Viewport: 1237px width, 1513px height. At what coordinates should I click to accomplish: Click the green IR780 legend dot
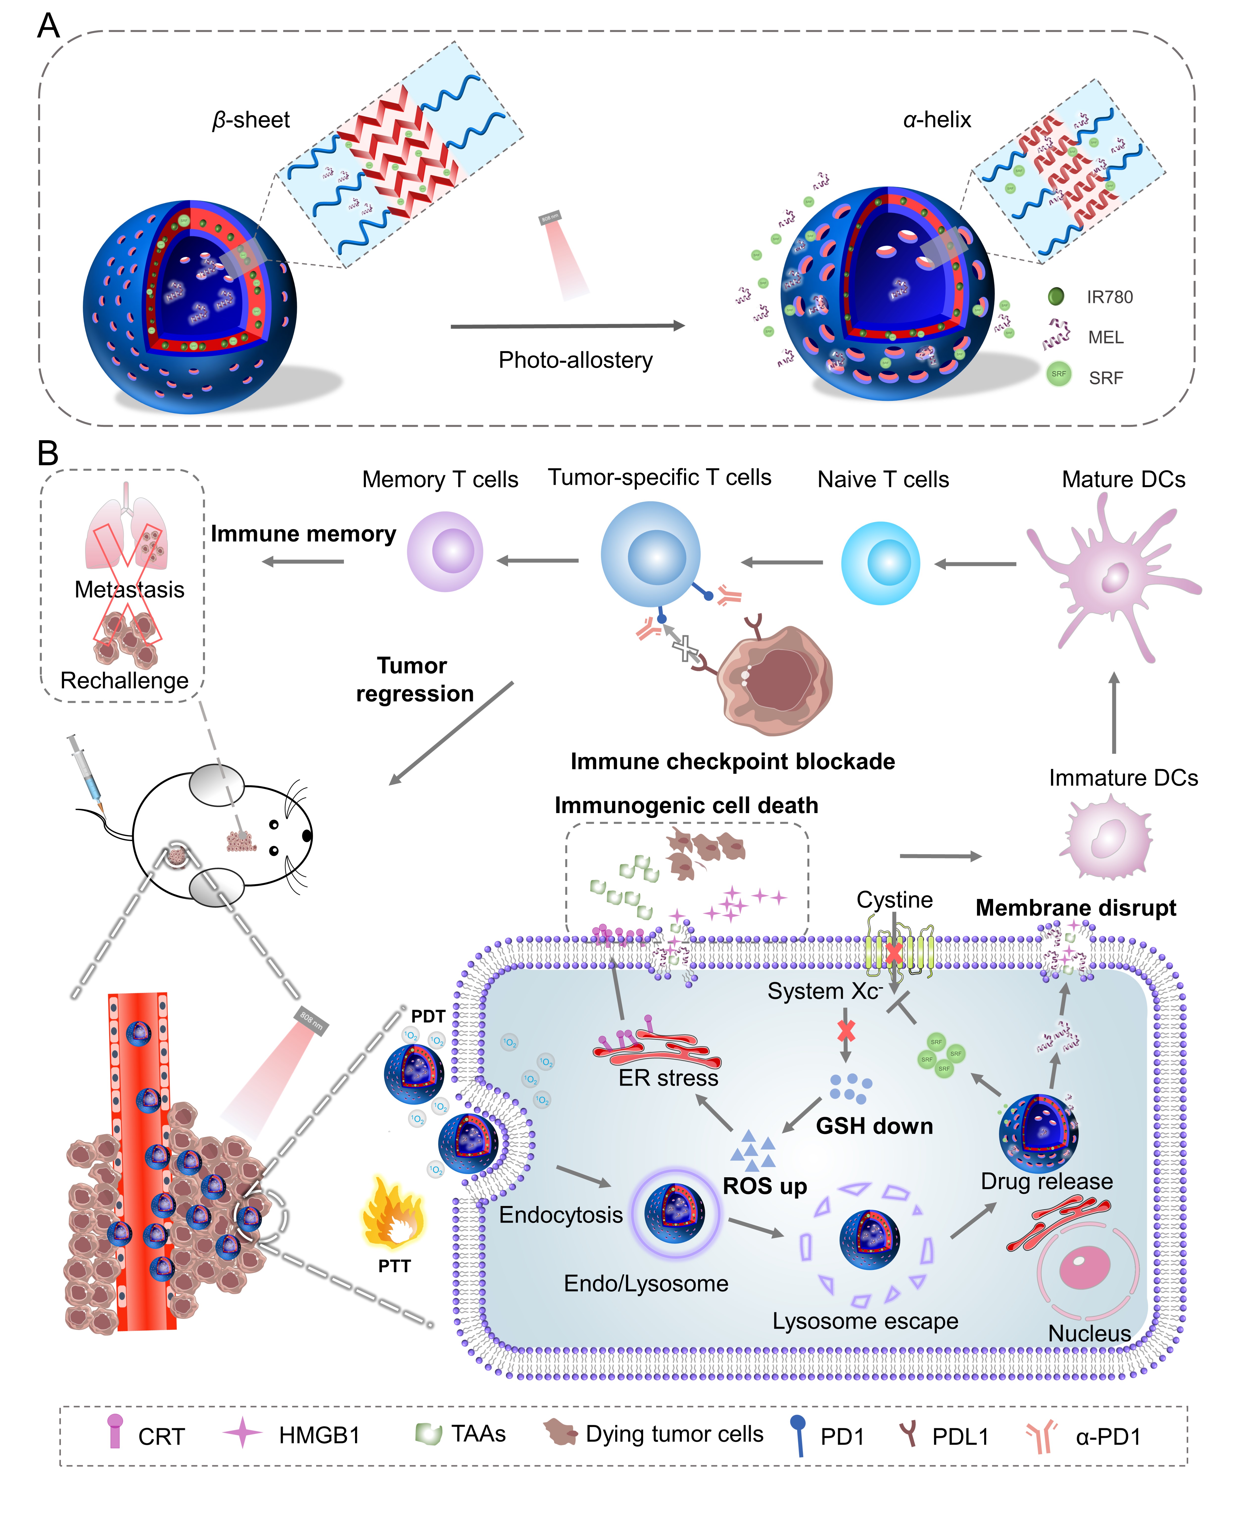(x=1056, y=296)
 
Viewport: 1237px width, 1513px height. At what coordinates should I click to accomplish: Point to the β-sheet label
(x=251, y=120)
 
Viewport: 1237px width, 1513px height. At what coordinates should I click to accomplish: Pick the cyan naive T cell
(x=881, y=563)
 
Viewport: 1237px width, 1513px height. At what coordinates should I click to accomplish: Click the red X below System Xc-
(x=846, y=1031)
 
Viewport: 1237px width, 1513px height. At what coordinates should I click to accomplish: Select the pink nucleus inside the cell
(x=1085, y=1269)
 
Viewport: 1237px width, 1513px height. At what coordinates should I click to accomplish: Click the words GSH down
(x=874, y=1126)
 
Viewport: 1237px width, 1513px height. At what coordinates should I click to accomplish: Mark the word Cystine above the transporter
(x=894, y=900)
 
